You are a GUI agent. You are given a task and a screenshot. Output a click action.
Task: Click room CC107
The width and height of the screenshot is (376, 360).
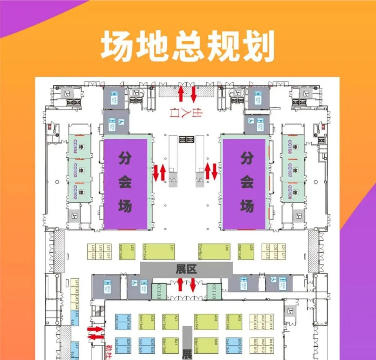293,170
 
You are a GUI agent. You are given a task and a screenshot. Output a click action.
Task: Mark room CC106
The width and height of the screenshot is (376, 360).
293,192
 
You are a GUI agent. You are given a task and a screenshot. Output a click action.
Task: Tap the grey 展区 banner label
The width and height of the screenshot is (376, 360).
186,269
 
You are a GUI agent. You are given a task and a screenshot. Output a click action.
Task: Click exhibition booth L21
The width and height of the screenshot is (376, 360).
158,251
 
